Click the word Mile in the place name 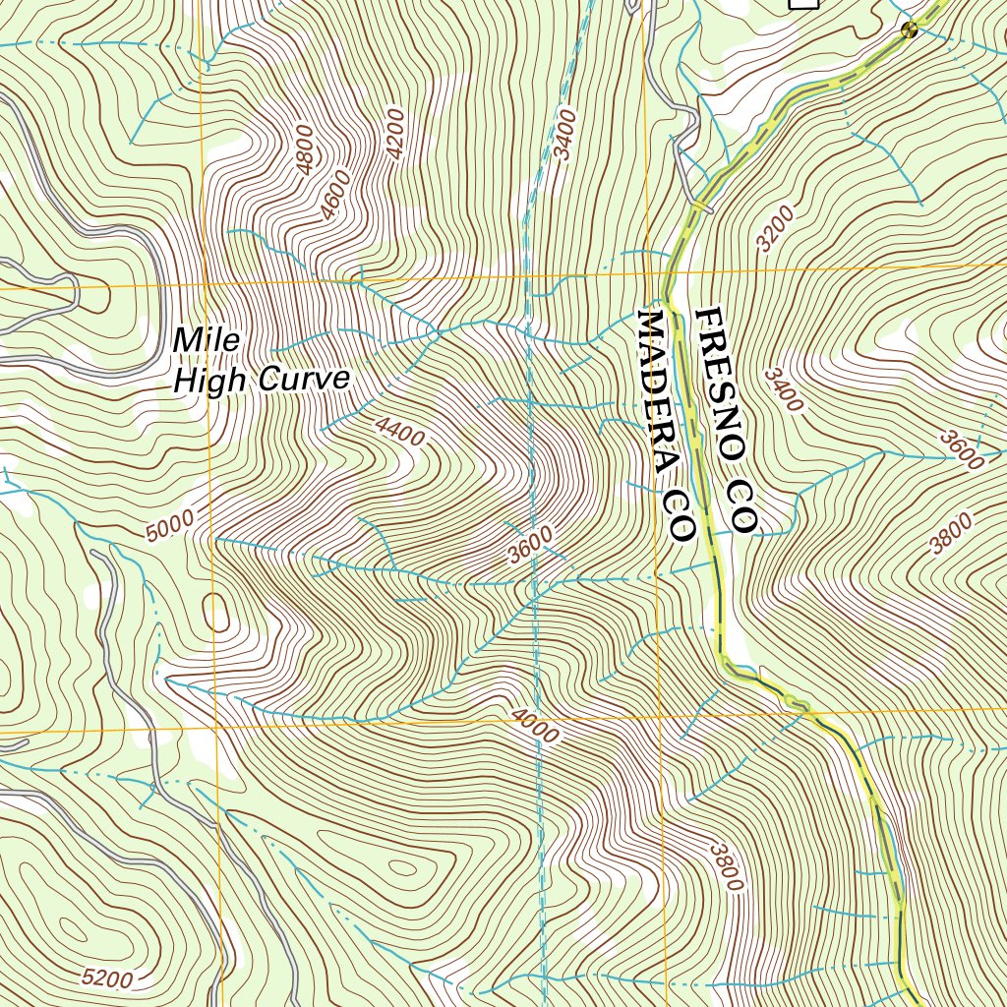pos(207,340)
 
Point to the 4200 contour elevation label pos(394,135)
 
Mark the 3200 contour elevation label pos(778,230)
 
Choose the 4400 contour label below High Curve pos(399,431)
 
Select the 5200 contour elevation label pos(107,977)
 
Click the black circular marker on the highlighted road pos(910,30)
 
